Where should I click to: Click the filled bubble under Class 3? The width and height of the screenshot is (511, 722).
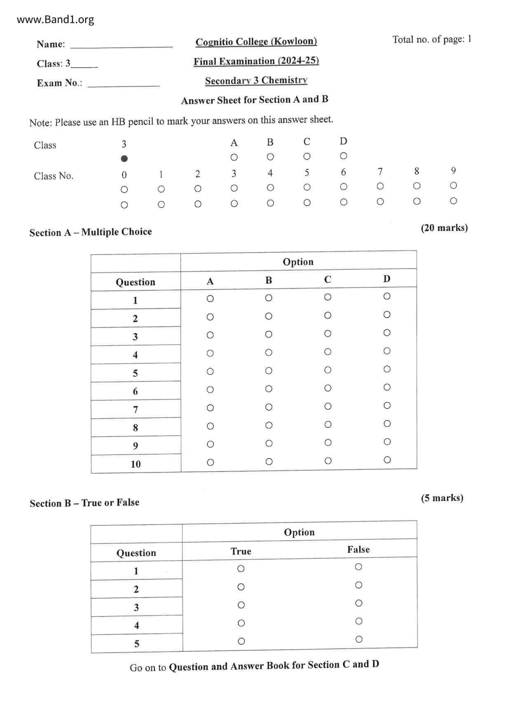[124, 158]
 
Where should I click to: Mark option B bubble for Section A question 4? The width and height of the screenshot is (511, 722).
[269, 353]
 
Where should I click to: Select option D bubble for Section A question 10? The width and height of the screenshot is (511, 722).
[387, 460]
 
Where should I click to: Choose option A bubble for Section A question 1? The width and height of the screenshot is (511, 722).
[210, 298]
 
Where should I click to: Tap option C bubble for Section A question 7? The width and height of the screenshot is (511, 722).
[328, 406]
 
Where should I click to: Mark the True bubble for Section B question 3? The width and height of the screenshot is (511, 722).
[241, 605]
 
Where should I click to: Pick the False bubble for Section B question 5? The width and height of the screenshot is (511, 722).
[359, 639]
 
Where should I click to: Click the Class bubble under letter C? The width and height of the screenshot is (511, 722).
[307, 156]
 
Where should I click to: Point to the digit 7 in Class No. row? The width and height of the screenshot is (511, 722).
[380, 171]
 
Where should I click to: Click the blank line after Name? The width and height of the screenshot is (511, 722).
[121, 45]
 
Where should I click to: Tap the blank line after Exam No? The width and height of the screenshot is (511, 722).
[124, 84]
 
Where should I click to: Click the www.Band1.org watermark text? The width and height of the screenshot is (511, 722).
[55, 19]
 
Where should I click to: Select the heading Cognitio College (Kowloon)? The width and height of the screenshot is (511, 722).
[256, 42]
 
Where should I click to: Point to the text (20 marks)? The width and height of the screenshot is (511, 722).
[444, 228]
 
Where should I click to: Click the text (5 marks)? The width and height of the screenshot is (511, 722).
[442, 498]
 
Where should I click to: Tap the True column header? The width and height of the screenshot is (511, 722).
[241, 551]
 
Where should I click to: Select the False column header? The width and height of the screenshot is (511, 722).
[358, 550]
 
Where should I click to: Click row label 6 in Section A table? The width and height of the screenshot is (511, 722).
[135, 391]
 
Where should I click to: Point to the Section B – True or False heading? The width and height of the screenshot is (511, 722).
[84, 503]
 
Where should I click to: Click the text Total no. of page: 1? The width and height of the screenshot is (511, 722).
[431, 40]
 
